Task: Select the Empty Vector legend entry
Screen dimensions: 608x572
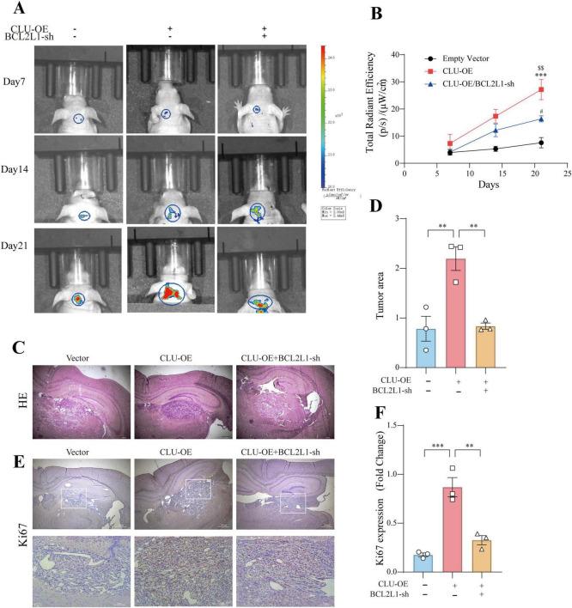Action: [471, 58]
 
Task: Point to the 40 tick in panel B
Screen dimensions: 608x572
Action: [396, 53]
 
